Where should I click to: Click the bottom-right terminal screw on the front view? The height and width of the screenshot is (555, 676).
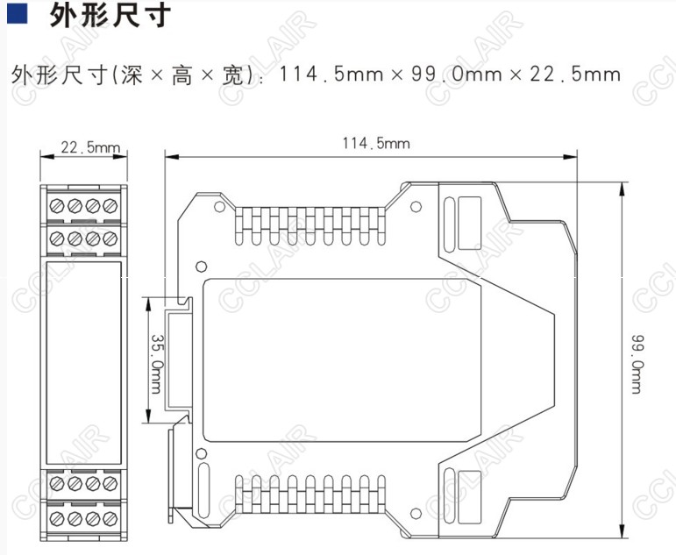[x=110, y=517]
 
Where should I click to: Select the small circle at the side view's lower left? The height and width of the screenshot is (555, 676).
[x=203, y=453]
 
